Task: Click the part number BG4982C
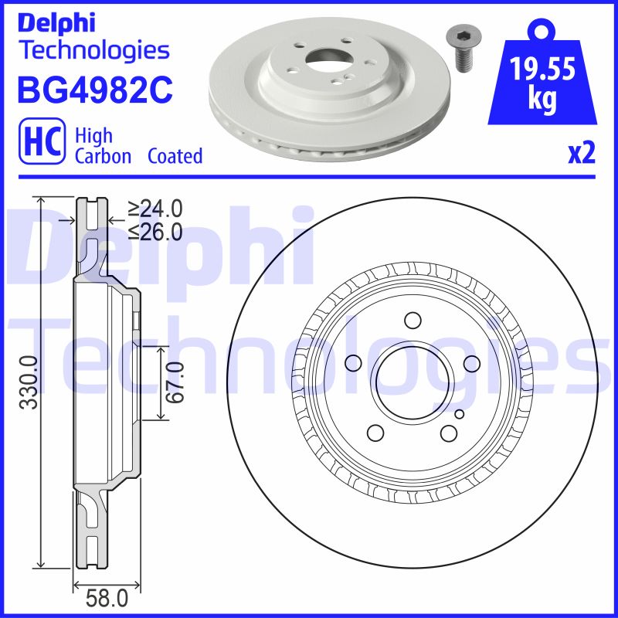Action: (x=93, y=89)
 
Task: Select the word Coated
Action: (x=175, y=156)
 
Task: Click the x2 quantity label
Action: (x=582, y=154)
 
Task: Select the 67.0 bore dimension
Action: (x=176, y=382)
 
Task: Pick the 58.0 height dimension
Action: (x=107, y=597)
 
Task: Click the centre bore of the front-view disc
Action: (x=409, y=378)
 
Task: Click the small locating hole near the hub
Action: (x=459, y=415)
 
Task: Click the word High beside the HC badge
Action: (x=93, y=136)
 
